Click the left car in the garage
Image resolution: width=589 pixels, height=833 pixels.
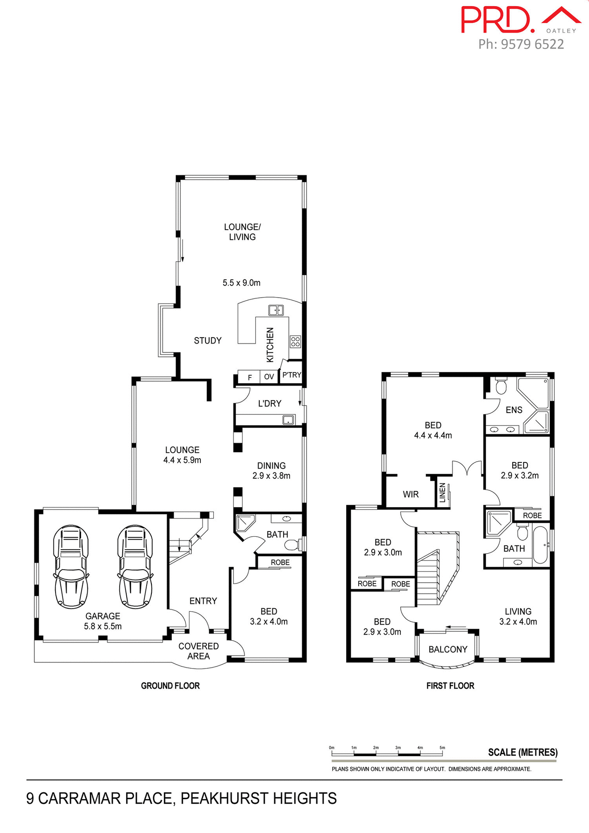point(71,566)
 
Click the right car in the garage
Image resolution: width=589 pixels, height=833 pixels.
point(135,566)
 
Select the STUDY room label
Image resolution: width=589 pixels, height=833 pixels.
point(207,341)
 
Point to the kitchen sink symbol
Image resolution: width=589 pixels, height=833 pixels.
point(276,310)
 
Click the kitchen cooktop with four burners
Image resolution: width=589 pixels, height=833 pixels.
point(295,341)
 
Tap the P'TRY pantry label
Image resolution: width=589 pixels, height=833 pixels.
point(291,375)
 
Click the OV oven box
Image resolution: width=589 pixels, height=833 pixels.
point(269,377)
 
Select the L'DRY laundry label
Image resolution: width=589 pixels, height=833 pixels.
point(269,403)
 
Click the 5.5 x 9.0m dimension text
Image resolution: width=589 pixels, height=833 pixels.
point(242,283)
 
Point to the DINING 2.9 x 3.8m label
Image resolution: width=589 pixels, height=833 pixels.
point(271,471)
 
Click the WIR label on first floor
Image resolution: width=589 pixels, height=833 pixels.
point(410,494)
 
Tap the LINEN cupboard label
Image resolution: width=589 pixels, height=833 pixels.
point(442,493)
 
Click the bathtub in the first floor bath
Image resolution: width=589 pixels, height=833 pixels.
point(540,544)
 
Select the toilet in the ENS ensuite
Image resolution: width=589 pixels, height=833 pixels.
point(501,386)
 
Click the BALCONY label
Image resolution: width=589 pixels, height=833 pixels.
point(448,649)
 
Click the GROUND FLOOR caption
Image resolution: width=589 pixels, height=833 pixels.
point(170,686)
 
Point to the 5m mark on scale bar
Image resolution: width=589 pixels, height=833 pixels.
point(442,748)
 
